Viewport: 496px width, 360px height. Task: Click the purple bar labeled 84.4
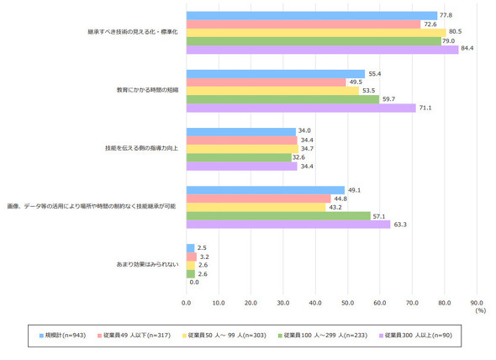coord(322,50)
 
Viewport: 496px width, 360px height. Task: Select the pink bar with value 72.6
coord(303,24)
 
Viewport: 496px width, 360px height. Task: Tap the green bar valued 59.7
coord(282,99)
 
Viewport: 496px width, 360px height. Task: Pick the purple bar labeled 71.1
coord(301,108)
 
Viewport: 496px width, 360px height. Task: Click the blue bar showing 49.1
coord(266,190)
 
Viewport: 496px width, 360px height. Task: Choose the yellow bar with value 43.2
coord(256,208)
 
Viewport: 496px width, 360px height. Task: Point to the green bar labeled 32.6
coord(239,157)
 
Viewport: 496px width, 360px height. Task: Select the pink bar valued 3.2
coord(192,257)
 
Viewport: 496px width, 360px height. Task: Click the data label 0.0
coord(194,282)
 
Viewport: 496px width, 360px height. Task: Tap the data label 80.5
coord(455,31)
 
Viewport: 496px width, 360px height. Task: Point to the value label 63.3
coord(400,225)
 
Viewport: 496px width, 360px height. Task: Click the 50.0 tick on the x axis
coord(348,303)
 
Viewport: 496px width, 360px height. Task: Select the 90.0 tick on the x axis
coord(477,303)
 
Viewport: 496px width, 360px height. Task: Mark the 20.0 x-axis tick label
coord(251,303)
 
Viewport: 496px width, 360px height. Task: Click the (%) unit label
coord(481,310)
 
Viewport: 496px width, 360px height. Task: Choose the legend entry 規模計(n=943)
coord(63,336)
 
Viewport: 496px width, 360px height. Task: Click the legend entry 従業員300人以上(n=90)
coord(415,336)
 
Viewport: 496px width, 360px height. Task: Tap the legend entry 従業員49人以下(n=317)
coord(135,336)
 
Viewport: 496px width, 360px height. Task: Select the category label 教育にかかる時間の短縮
coord(147,90)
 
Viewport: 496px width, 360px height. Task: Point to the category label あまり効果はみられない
coord(147,264)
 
